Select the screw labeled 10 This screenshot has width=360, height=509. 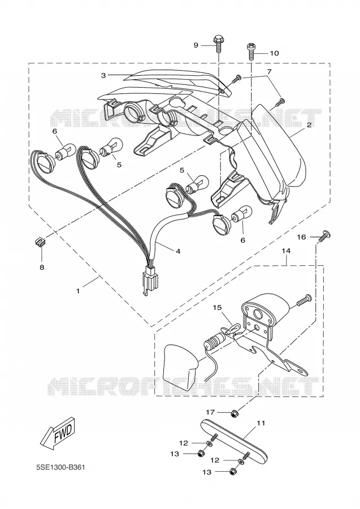pyautogui.click(x=251, y=51)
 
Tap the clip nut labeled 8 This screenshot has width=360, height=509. pyautogui.click(x=38, y=241)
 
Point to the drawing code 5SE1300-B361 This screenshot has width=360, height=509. pyautogui.click(x=60, y=468)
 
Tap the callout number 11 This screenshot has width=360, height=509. pyautogui.click(x=261, y=423)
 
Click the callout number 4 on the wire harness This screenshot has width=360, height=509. pyautogui.click(x=177, y=251)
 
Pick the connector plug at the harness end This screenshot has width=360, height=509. pyautogui.click(x=150, y=280)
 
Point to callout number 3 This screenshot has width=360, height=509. pyautogui.click(x=103, y=75)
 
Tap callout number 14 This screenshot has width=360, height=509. pyautogui.click(x=286, y=251)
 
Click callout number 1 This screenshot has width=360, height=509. pyautogui.click(x=78, y=291)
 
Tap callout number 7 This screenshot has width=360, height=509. pyautogui.click(x=269, y=71)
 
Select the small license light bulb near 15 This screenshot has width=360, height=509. pyautogui.click(x=212, y=341)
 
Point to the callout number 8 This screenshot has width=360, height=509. pyautogui.click(x=42, y=267)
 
